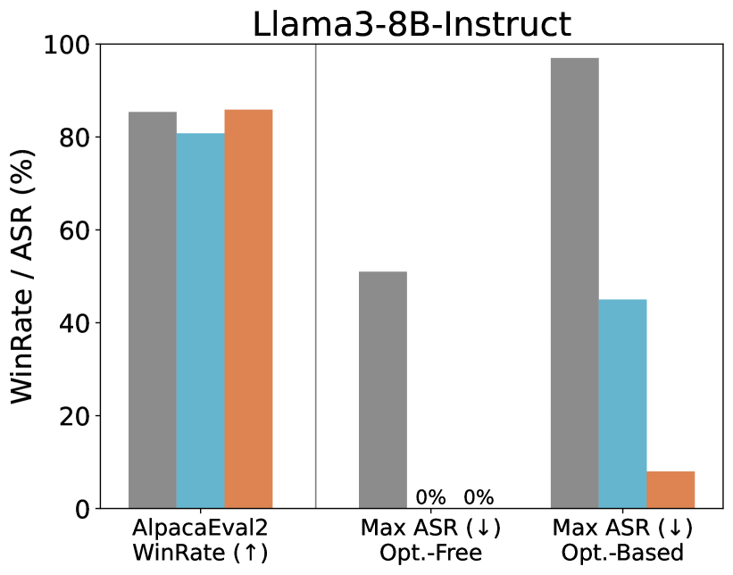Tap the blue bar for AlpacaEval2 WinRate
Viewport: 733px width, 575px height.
coord(200,321)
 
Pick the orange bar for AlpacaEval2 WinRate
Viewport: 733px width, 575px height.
coord(248,309)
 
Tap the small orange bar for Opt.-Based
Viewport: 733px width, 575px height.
coord(671,489)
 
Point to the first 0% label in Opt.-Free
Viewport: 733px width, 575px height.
coord(430,497)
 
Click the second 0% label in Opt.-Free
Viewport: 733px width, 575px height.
coord(479,497)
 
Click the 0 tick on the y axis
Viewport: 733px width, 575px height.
coord(84,509)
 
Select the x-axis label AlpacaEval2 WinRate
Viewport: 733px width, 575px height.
coord(200,539)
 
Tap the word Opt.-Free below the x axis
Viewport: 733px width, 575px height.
coord(430,553)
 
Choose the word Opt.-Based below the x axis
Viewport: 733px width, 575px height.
coord(622,553)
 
